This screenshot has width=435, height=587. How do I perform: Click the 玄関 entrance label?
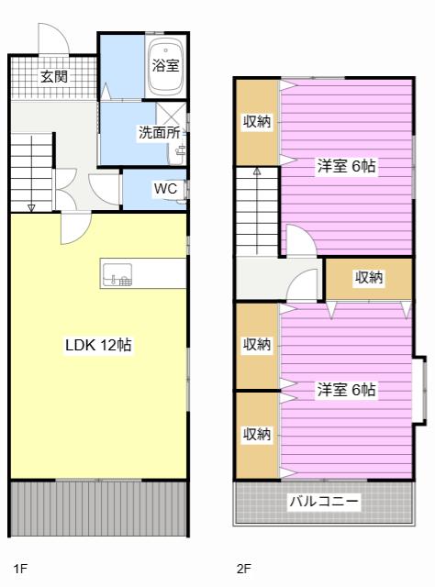pos(53,77)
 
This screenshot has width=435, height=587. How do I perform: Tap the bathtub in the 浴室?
pos(166,67)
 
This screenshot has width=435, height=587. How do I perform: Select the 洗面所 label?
pos(158,132)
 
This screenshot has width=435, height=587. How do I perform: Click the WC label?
pos(165,189)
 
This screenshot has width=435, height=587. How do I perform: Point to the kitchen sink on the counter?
pos(117,273)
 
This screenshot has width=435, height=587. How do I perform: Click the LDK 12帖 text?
pos(97,346)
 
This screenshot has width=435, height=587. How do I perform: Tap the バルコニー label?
pos(324,502)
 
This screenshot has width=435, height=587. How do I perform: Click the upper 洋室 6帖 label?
pos(346,167)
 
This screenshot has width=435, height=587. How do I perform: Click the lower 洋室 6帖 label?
pos(346,390)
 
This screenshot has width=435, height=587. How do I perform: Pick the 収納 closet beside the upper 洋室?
pos(257,122)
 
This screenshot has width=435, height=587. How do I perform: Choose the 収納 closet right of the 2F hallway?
pos(368,278)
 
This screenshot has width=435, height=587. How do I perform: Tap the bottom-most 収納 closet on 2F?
pos(257,434)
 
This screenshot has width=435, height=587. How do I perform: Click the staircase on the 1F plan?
pos(34,170)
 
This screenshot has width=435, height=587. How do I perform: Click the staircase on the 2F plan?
pos(257,211)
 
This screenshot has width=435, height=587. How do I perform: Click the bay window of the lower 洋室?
pos(420,389)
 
